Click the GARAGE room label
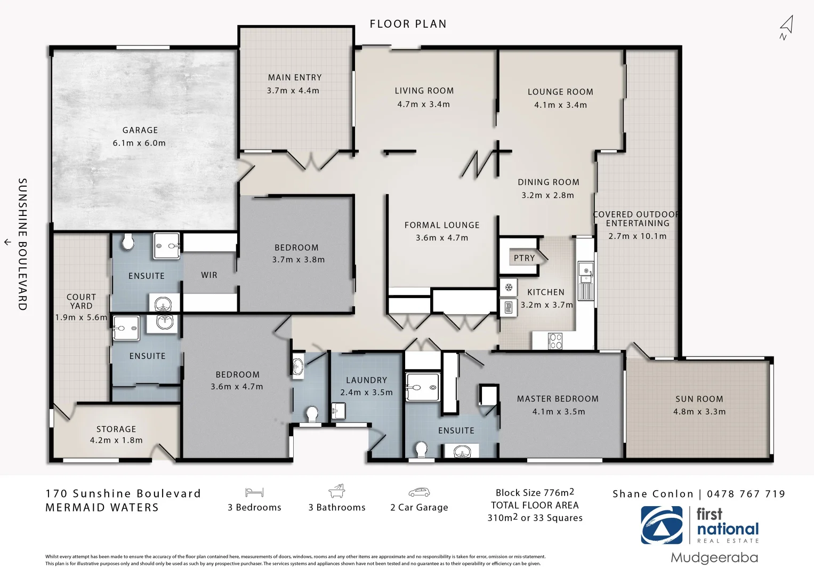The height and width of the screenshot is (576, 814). (x=140, y=130)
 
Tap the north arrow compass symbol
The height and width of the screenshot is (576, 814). (x=786, y=28)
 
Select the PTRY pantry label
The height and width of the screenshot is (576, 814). (x=524, y=258)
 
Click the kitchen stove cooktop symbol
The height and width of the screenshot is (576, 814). (x=555, y=341)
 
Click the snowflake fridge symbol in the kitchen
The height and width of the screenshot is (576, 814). (x=509, y=287)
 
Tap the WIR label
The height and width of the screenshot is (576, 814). (x=209, y=275)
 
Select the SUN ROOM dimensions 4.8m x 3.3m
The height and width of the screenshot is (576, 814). (x=699, y=412)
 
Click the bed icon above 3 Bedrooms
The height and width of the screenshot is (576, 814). (x=254, y=493)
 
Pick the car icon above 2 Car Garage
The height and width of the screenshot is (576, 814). (x=419, y=492)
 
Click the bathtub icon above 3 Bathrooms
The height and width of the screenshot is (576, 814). (x=336, y=491)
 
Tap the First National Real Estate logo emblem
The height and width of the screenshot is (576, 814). (x=662, y=525)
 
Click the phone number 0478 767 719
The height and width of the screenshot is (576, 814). (x=746, y=494)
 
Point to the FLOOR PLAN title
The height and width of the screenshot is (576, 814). (x=408, y=24)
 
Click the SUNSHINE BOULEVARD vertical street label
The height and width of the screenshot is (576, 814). (x=22, y=244)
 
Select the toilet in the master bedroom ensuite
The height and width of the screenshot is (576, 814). (x=421, y=450)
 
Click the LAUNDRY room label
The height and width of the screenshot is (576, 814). (x=366, y=380)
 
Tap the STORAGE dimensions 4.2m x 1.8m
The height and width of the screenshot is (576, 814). (x=116, y=441)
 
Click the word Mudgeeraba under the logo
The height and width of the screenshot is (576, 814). (x=714, y=558)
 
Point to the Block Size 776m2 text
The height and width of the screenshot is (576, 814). (x=535, y=492)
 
